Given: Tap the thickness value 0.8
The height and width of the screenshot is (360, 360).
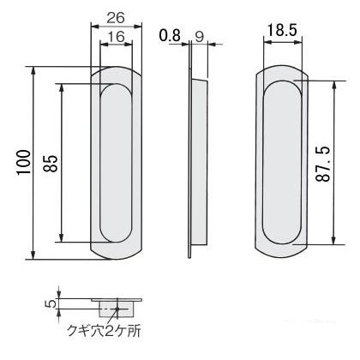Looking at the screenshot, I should point(170,36).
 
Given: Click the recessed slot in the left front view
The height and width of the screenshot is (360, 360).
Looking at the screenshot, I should point(117,163).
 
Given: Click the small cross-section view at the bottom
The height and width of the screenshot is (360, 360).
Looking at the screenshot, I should point(116,305).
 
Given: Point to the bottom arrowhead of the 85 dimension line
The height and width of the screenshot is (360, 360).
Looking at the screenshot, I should point(63,241).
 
